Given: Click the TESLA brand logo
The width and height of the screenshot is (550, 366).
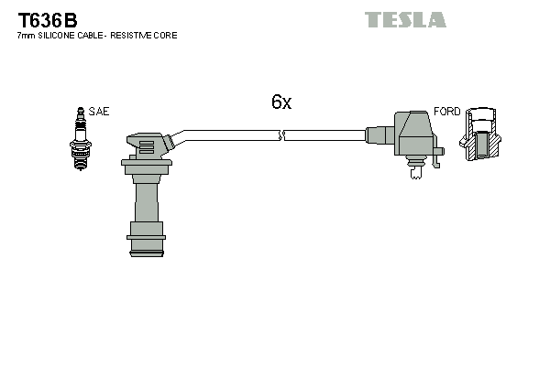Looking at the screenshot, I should (404, 19).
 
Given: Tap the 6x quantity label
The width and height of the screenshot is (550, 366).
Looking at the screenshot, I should (280, 102).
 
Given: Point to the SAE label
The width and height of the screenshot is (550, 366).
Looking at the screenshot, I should (99, 111).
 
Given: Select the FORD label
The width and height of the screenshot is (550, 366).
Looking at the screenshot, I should (446, 111).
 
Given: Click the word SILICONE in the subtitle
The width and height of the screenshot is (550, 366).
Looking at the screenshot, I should (56, 36).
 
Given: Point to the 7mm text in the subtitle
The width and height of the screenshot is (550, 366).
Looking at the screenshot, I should (26, 36).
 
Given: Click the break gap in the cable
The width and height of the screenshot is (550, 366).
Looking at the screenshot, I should (282, 135).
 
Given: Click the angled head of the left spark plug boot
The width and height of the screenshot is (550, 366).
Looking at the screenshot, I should (149, 145).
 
